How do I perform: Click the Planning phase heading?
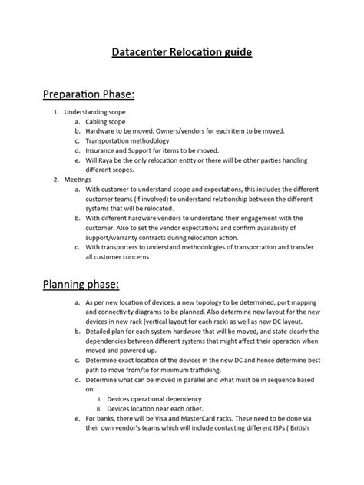[78, 285]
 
